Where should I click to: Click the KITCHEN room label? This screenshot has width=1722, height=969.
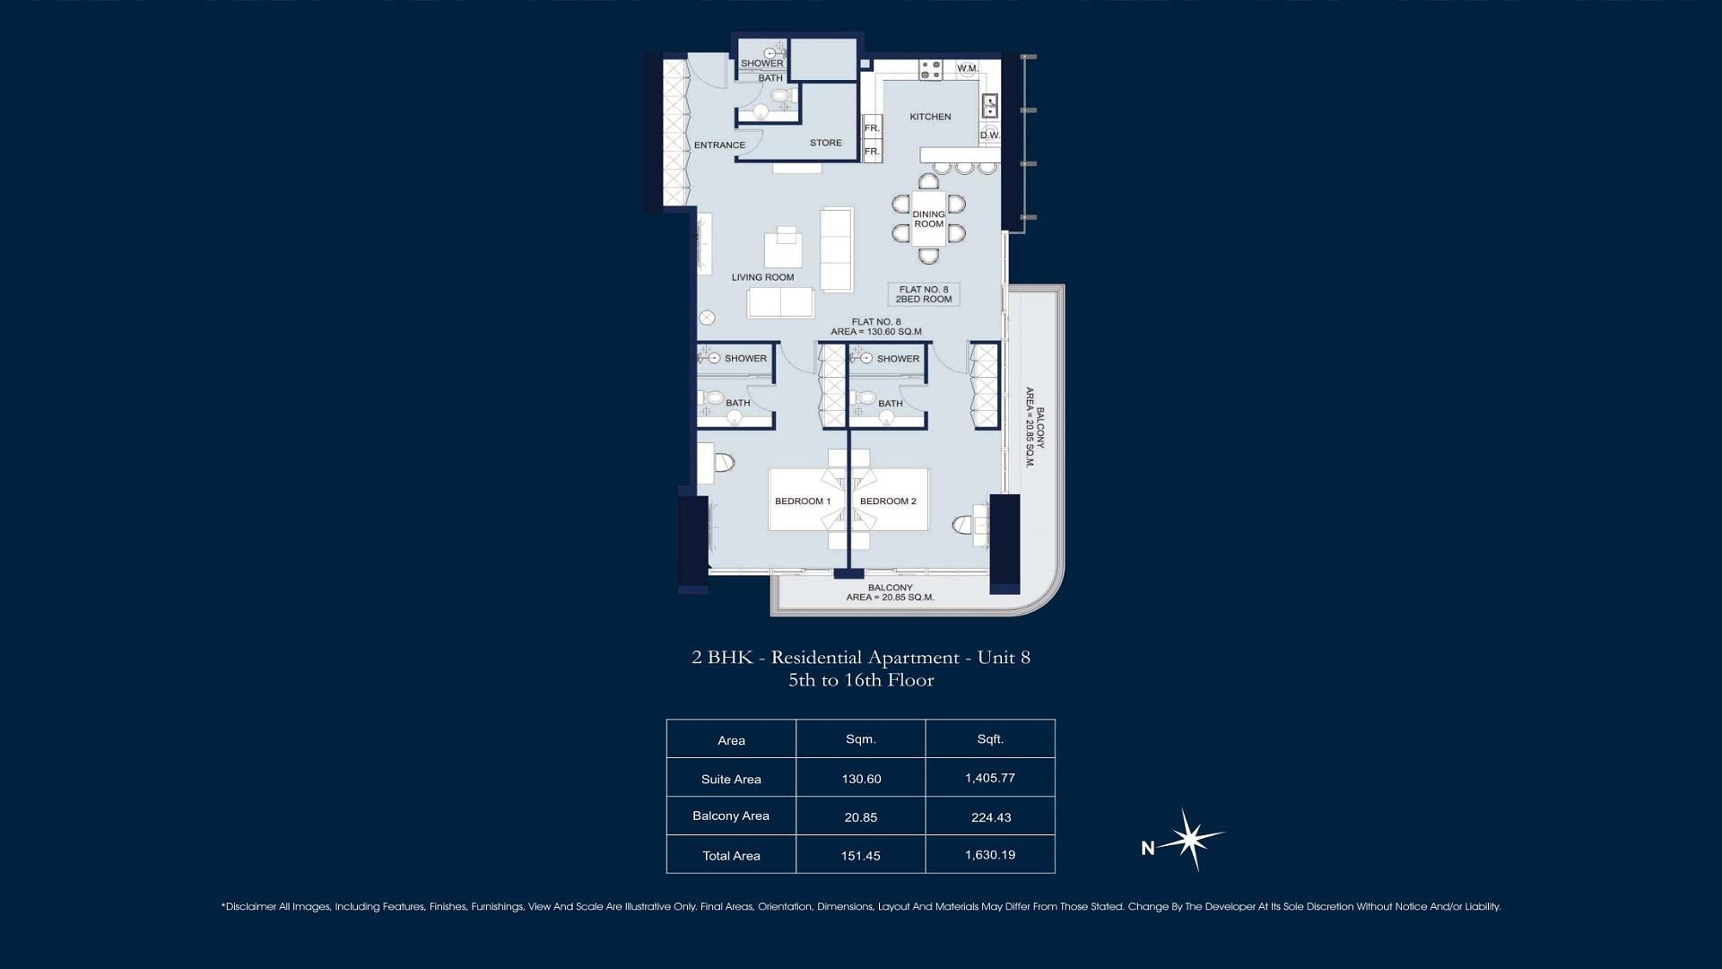click(930, 117)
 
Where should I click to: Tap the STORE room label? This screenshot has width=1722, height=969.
click(826, 143)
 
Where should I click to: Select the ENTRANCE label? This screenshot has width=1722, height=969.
click(719, 145)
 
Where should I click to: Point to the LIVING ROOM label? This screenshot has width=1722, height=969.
click(762, 277)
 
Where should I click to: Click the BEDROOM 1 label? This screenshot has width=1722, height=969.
click(803, 502)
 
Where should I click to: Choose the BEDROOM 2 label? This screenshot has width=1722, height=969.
click(888, 502)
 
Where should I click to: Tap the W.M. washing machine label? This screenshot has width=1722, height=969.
click(967, 68)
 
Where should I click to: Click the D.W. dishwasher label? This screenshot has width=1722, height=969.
click(989, 135)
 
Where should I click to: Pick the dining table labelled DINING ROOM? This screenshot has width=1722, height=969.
click(929, 219)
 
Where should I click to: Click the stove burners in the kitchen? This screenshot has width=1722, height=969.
click(930, 69)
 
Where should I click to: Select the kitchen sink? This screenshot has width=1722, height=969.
click(989, 106)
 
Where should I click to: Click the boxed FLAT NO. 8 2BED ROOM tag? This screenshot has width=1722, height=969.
click(924, 294)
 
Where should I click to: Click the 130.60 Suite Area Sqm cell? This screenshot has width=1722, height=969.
click(861, 779)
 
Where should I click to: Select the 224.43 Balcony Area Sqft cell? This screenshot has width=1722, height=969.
click(990, 817)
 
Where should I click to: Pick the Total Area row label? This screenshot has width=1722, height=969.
click(731, 856)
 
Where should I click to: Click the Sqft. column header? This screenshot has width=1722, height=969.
click(990, 739)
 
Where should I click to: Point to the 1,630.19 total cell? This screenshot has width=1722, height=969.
click(990, 855)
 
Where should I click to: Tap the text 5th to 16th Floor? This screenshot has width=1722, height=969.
click(861, 680)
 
